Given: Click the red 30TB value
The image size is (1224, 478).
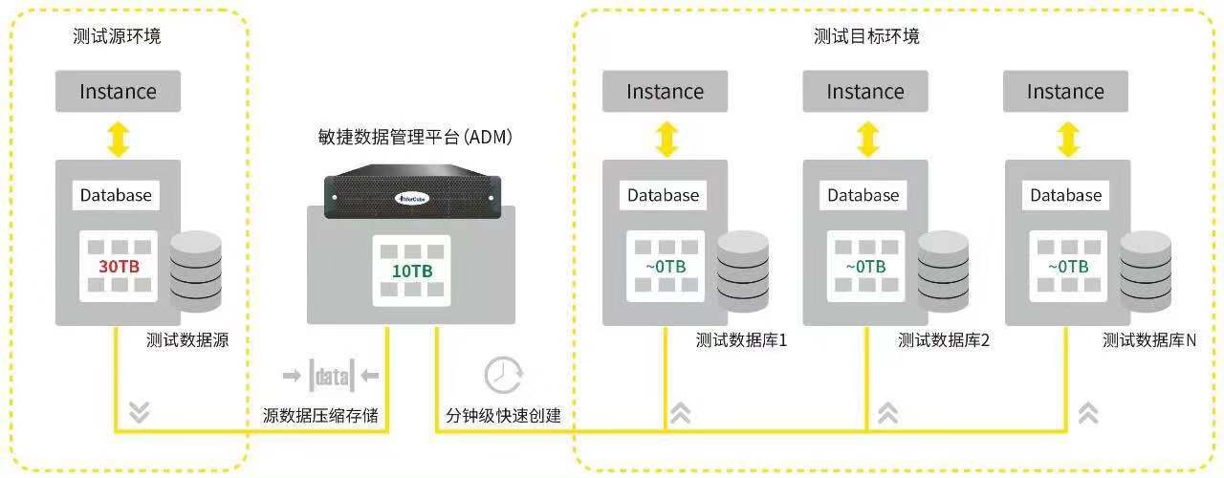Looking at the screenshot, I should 119,266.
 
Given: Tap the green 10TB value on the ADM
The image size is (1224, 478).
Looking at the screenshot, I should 412,271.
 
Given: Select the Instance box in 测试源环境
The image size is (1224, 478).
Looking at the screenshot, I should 118,92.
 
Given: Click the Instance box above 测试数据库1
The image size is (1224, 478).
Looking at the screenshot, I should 665,92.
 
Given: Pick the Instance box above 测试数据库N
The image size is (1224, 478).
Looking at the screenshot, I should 1065,92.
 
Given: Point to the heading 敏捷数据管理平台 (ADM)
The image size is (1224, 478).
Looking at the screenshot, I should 415,138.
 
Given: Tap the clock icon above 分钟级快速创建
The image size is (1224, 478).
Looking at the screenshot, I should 502,376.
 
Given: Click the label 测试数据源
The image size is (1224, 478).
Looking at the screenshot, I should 187,339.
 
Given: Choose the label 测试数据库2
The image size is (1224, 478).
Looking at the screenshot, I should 943,339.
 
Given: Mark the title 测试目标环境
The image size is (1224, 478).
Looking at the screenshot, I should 866,36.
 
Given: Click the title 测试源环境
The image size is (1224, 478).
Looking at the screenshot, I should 117,36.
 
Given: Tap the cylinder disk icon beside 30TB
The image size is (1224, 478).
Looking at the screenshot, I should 195,271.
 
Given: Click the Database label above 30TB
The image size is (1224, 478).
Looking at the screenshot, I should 116,195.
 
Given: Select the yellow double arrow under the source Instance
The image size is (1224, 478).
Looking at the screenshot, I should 118,139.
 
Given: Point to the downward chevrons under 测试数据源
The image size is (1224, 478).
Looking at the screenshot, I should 140,411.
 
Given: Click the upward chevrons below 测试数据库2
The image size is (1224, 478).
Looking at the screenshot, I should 887,412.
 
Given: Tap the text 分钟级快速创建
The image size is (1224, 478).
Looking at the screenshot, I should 503,416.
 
